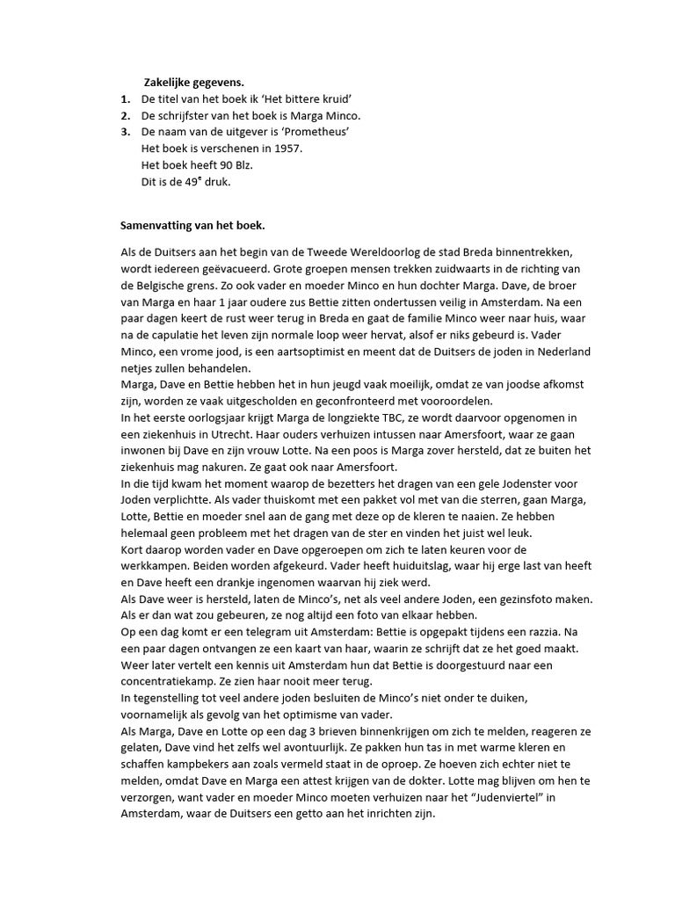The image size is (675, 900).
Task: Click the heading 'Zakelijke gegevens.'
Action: [193, 83]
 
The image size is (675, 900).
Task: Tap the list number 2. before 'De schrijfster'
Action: [126, 116]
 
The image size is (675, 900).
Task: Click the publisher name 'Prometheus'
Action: [314, 133]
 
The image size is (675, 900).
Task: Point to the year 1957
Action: [287, 149]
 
